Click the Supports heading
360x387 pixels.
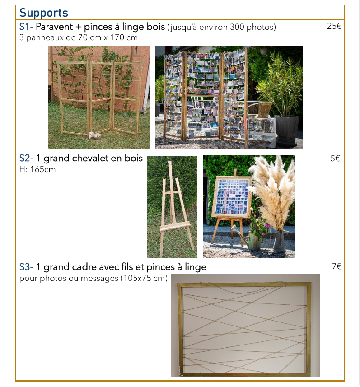[x=44, y=13]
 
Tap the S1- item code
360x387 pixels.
[x=26, y=27]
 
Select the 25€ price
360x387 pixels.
[x=334, y=26]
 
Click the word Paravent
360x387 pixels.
[x=54, y=27]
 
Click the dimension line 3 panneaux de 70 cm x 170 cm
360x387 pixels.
[x=79, y=37]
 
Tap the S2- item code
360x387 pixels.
[x=26, y=158]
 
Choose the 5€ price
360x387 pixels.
[x=335, y=158]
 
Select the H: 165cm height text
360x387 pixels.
[x=37, y=169]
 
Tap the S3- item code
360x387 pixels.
[x=26, y=267]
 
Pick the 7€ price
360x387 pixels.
[x=337, y=266]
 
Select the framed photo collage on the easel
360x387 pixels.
[x=232, y=197]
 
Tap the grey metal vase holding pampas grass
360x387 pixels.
[x=279, y=241]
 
